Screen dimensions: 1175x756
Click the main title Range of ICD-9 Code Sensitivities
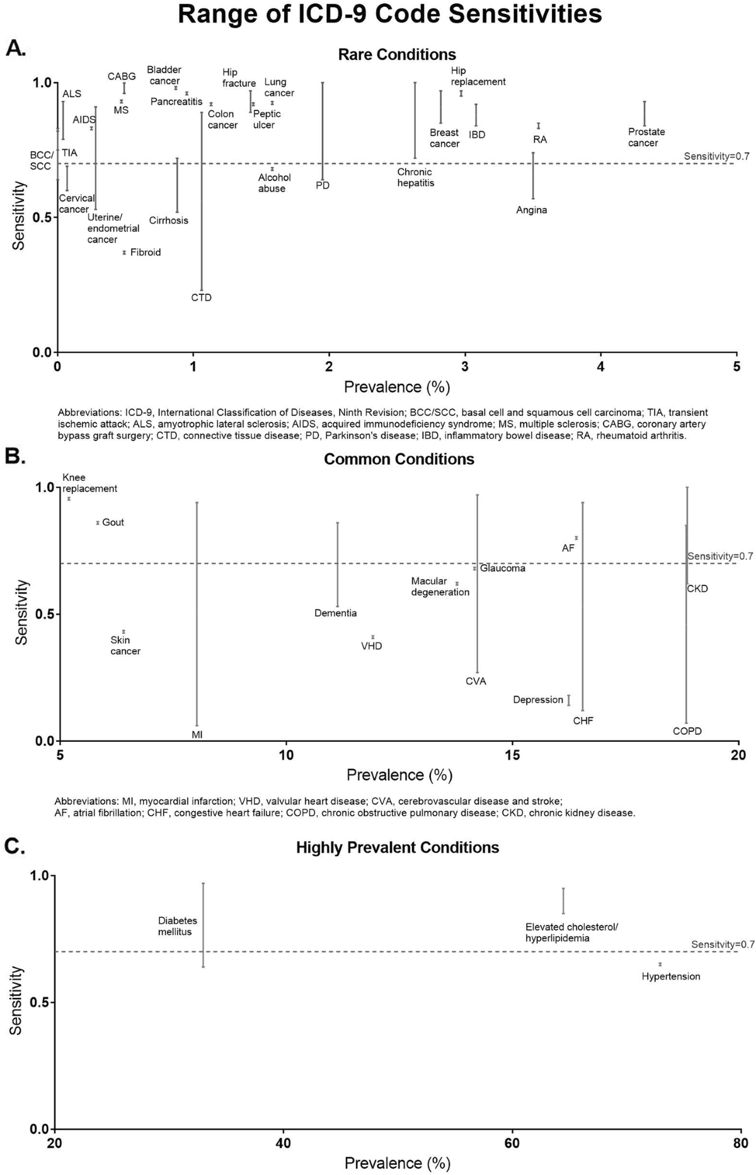pos(390,14)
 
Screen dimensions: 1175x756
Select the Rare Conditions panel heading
pos(397,54)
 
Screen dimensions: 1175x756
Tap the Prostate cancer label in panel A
pos(646,137)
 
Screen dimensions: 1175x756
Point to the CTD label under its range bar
pos(202,298)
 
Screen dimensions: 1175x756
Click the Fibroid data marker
pos(124,252)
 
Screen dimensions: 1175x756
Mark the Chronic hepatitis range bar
pos(415,120)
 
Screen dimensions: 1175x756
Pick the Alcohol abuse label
pos(274,183)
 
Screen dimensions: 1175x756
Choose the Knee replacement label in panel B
pos(89,483)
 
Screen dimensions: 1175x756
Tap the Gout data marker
pos(98,523)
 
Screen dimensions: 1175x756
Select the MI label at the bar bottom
pos(197,734)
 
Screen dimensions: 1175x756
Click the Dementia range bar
pos(338,564)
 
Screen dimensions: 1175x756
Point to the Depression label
pos(538,700)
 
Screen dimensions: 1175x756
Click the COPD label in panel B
pos(687,731)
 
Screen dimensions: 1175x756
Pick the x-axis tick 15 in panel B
pos(512,755)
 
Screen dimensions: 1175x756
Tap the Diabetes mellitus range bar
pos(203,925)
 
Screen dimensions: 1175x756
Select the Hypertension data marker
pos(660,964)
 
